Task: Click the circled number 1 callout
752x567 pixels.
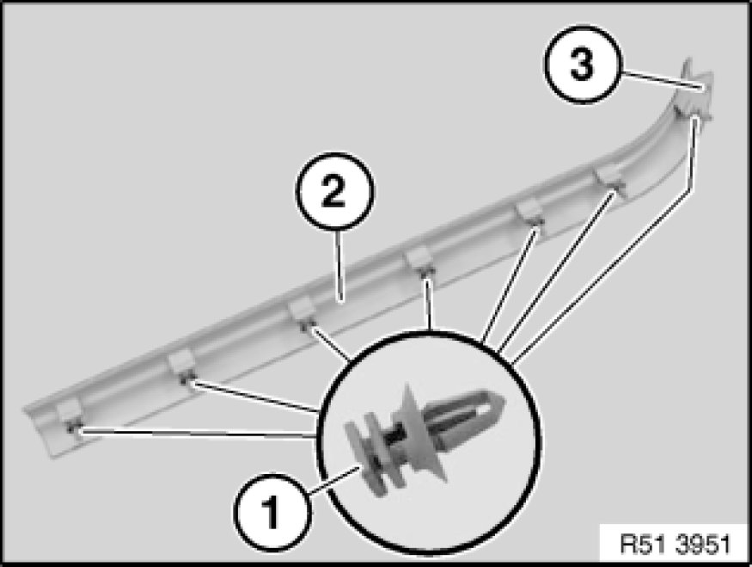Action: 272,513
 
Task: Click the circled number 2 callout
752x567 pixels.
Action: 334,192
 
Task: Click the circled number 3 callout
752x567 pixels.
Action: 582,64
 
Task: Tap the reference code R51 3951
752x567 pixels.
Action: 676,545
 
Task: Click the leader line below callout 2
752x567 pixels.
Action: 339,266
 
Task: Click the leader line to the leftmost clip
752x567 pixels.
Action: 198,434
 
